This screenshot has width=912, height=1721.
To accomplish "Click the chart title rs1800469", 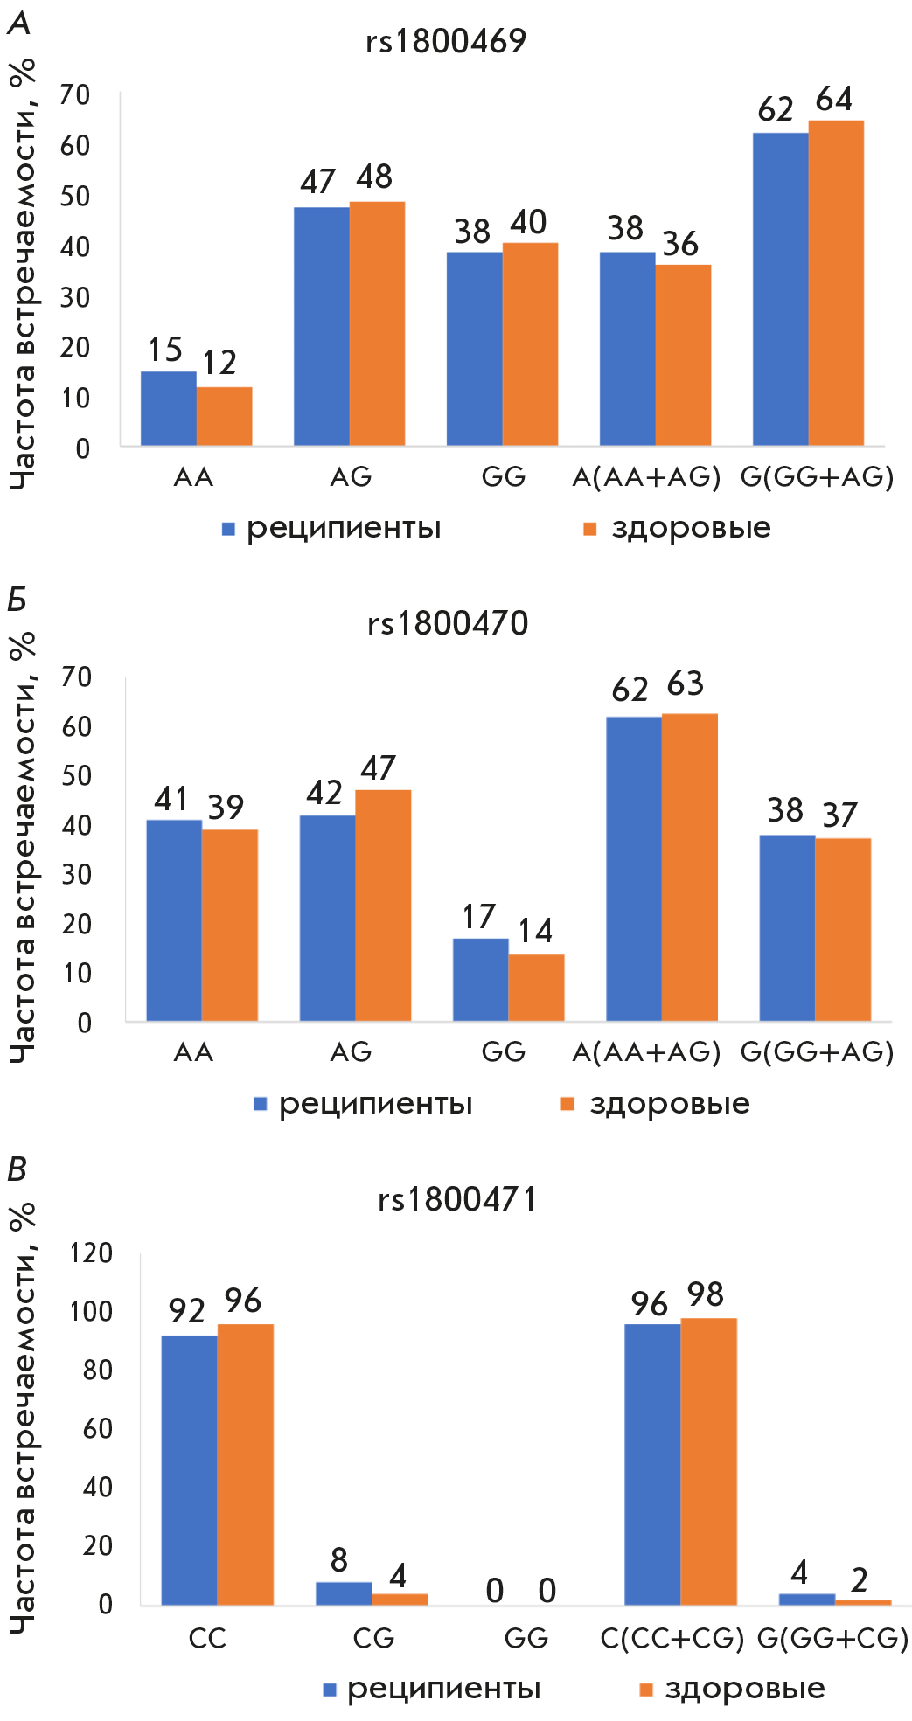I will point(446,41).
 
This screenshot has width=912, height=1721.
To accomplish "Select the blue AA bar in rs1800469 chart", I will point(169,408).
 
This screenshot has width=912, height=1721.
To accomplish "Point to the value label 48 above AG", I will point(374,177).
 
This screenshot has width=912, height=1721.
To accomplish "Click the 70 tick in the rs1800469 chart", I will point(75,94).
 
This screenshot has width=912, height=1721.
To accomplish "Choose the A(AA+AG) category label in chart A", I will point(646,477).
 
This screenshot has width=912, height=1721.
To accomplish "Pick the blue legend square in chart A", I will point(229,529).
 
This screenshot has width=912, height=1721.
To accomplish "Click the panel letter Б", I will point(17,600).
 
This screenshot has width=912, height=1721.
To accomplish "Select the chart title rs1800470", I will point(448,623).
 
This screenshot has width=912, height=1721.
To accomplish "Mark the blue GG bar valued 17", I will point(481,979).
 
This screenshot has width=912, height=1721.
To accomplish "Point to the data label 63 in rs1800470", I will point(685,684).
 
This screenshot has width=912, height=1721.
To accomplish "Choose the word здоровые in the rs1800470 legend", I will point(670,1104).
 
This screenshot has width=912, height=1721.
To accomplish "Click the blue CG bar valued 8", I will point(344,1593).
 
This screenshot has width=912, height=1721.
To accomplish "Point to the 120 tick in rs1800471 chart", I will point(91,1253).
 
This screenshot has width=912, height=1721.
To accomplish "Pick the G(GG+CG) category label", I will point(832,1638).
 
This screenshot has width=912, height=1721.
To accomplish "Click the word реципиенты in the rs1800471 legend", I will point(444,1689).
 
